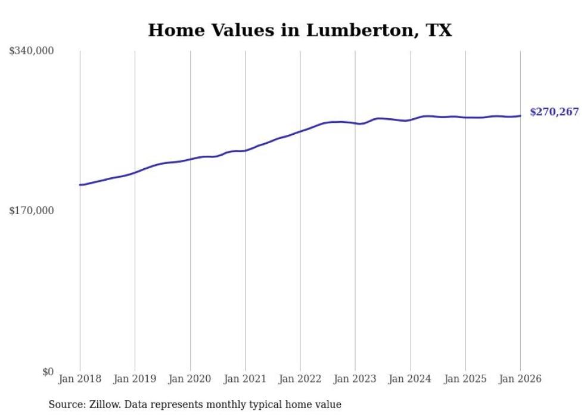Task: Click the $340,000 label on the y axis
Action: click(32, 51)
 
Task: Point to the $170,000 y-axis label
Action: click(32, 211)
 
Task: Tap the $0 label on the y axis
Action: click(48, 372)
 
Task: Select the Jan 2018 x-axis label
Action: click(80, 379)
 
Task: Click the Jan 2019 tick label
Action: click(135, 379)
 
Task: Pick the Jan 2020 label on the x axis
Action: click(190, 379)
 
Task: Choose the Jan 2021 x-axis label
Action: click(245, 379)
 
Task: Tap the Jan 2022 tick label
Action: click(300, 379)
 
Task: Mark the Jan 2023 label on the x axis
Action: click(355, 379)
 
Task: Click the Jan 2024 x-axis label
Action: click(410, 379)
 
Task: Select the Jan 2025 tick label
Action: click(465, 379)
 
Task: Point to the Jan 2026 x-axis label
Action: click(520, 379)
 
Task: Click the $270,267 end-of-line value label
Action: click(554, 112)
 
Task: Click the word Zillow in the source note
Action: click(104, 404)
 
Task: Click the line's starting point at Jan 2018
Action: click(80, 185)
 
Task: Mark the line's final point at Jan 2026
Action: click(520, 116)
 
